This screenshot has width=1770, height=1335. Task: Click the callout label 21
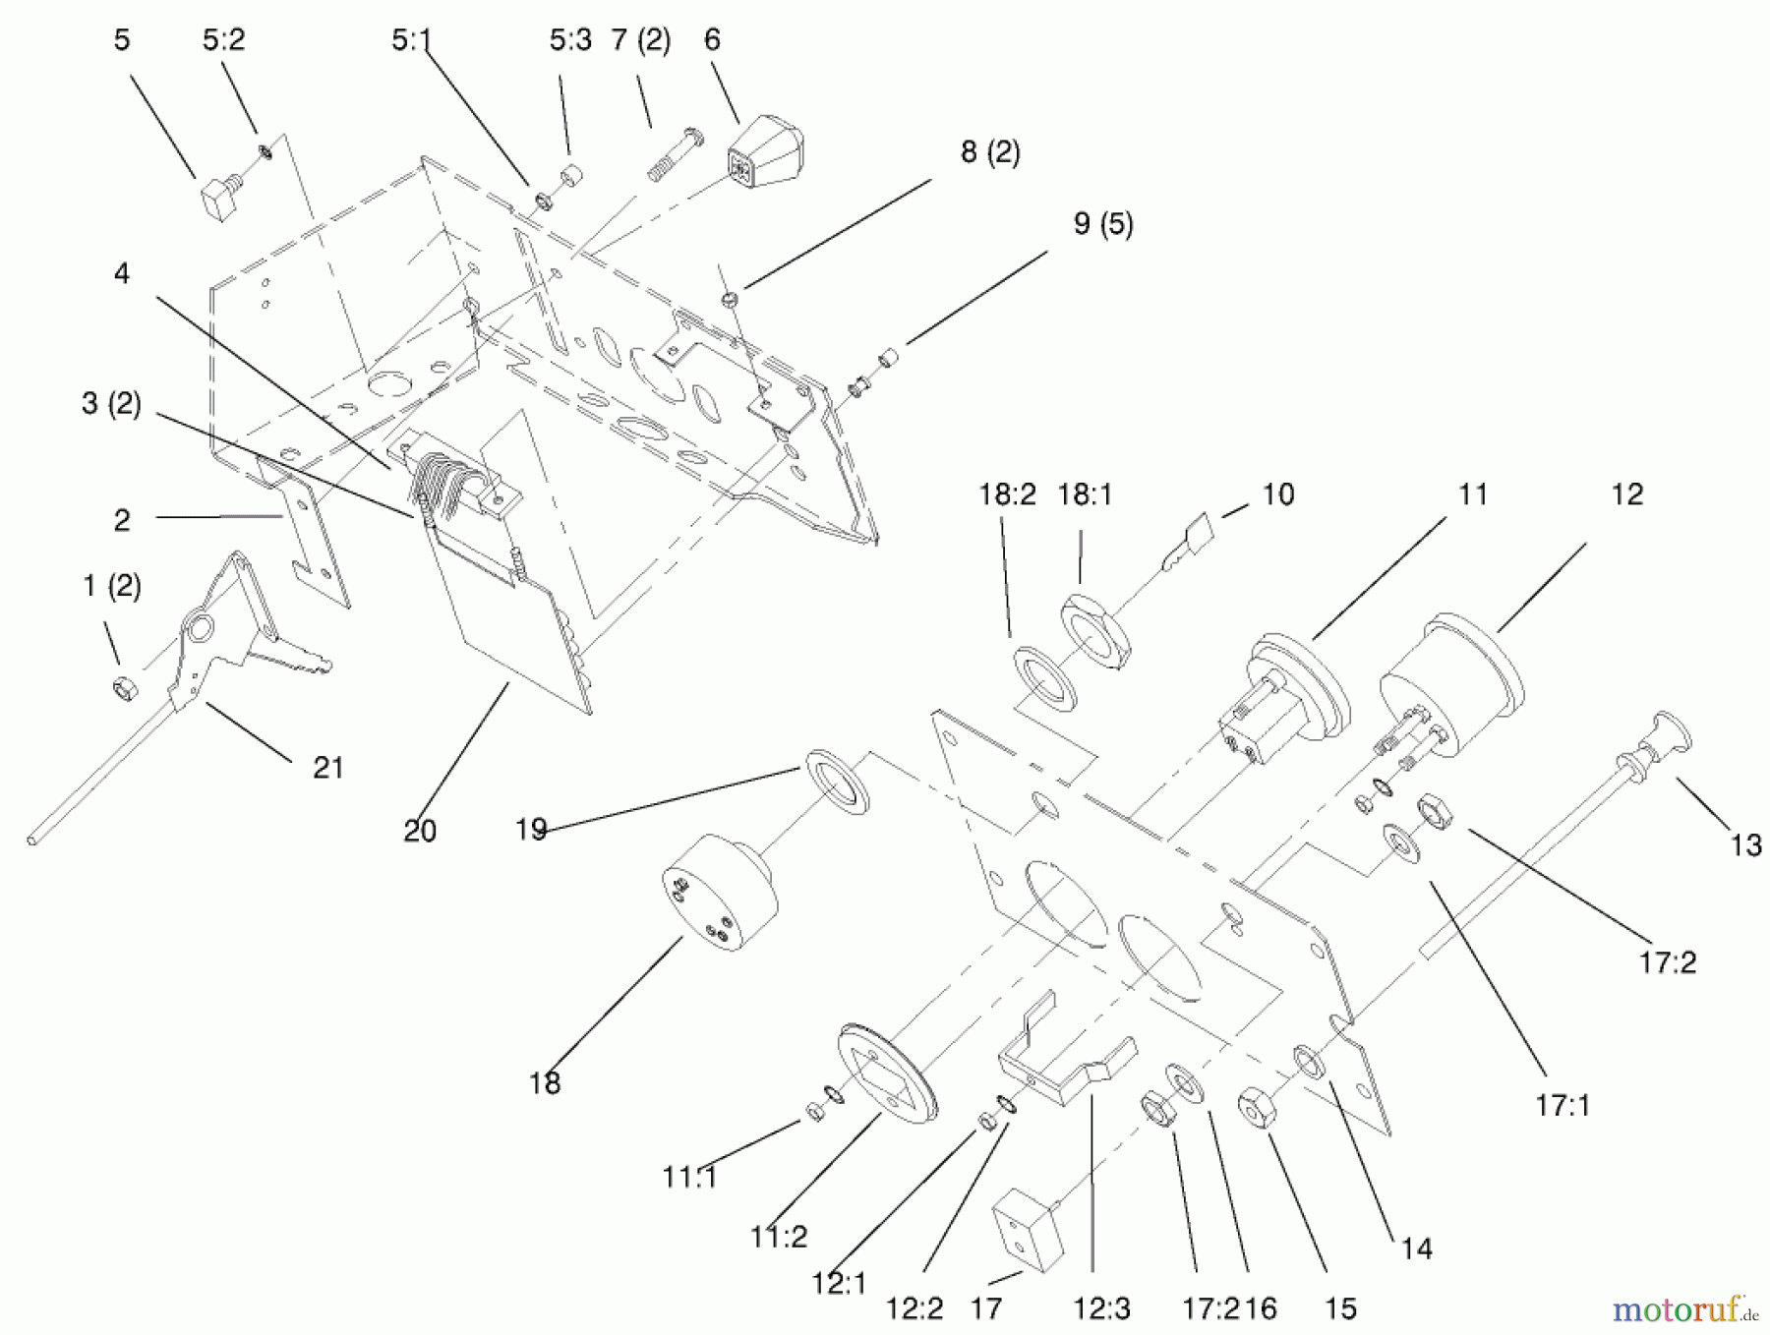327,767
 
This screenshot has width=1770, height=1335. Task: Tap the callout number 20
420,832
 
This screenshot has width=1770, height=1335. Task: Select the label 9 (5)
1103,224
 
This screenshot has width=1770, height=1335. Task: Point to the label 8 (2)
990,152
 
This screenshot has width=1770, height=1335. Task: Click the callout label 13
1745,844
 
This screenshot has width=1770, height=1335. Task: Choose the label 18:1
1086,494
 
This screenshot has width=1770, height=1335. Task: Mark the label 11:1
690,1177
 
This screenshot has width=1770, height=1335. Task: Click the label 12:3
1102,1308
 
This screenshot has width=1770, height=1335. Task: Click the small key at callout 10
1187,543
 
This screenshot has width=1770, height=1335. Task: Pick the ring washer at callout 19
838,782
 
